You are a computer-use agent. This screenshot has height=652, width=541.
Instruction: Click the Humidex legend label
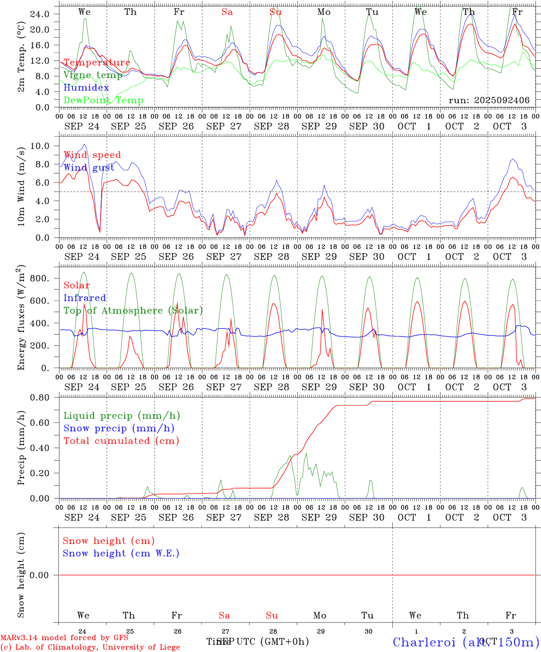(x=86, y=88)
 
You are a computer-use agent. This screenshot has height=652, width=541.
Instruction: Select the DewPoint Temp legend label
(x=103, y=101)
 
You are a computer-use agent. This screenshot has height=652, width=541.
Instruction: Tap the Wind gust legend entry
(x=89, y=168)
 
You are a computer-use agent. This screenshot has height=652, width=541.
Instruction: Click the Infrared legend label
(x=85, y=298)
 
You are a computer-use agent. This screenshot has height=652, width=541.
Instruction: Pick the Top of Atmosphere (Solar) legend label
(x=133, y=311)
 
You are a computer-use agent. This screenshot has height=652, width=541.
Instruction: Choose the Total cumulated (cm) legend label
(x=121, y=441)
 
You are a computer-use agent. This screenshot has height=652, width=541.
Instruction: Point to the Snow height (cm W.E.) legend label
(x=121, y=553)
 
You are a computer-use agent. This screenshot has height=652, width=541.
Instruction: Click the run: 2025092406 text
(x=489, y=101)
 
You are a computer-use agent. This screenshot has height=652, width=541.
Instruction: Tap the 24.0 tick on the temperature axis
(x=39, y=14)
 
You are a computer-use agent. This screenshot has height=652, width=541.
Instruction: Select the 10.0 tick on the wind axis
(x=40, y=146)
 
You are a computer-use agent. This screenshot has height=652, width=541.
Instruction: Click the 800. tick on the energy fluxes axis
(x=39, y=278)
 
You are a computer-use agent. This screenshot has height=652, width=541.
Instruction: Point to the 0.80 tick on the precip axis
(x=39, y=398)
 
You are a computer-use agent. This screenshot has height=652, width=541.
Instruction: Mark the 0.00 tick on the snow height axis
(x=39, y=575)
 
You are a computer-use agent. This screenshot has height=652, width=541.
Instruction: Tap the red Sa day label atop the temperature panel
(x=227, y=12)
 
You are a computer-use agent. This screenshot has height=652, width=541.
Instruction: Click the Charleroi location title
(x=466, y=642)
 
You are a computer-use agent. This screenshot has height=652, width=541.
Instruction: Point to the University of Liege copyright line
(x=90, y=647)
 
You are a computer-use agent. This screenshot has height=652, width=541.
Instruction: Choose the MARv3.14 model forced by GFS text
(x=64, y=638)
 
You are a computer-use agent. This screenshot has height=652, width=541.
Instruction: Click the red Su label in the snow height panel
(x=272, y=615)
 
